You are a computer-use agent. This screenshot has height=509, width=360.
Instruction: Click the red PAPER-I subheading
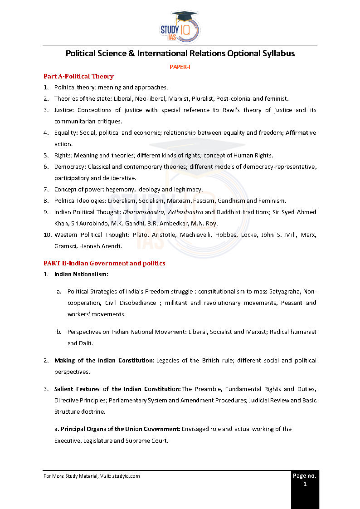click(180, 67)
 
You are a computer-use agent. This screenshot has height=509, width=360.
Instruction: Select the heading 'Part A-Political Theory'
click(78, 76)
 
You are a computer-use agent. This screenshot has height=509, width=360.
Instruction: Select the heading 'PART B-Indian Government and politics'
click(104, 263)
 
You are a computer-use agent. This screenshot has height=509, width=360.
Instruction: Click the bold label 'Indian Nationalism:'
click(82, 274)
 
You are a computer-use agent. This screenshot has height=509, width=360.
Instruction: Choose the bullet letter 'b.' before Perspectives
click(59, 332)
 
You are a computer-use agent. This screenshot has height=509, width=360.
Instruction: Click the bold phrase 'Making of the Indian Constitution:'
click(104, 361)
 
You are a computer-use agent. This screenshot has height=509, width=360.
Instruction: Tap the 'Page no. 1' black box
click(305, 489)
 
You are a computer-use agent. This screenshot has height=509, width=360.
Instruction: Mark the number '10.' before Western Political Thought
click(48, 235)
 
